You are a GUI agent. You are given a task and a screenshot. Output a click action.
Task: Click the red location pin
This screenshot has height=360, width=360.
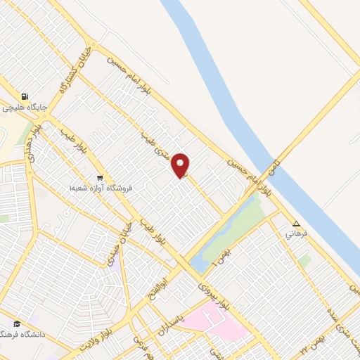click(181, 165)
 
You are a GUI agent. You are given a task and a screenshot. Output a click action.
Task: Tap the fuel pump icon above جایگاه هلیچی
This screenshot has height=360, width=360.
click(25, 97)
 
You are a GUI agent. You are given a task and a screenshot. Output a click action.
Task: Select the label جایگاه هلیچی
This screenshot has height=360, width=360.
click(25, 108)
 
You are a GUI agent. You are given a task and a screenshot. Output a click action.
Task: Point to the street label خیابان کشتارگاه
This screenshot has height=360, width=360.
click(73, 67)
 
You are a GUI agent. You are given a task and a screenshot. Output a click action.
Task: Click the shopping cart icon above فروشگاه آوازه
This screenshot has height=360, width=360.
click(101, 178)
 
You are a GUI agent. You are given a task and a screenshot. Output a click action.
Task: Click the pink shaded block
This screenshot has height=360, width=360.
click(224, 324)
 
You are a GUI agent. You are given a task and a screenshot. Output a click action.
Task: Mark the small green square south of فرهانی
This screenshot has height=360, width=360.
click(304, 261)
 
